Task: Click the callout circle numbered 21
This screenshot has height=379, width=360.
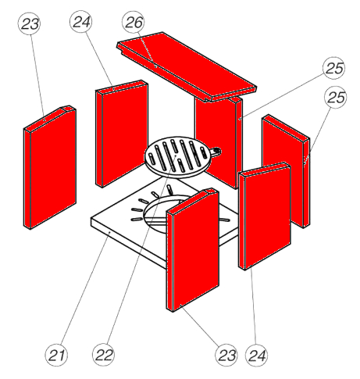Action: point(56,355)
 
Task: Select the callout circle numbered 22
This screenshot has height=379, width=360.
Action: point(104,355)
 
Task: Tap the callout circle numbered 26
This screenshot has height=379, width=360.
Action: point(134,22)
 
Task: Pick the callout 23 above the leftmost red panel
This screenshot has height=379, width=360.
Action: point(30,23)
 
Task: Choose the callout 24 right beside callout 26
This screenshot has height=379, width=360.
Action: point(81,22)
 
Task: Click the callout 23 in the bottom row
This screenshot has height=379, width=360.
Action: point(226,355)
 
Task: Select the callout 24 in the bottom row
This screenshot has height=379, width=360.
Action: point(256,355)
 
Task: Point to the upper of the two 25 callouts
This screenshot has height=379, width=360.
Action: point(334,68)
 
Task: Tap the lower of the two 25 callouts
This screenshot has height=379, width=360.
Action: point(336,97)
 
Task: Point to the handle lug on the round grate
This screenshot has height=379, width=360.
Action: point(216,152)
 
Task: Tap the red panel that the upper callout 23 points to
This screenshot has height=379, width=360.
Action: point(50,167)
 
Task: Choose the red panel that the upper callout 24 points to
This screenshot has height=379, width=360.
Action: point(122,134)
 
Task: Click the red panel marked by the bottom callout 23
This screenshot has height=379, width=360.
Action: point(193,249)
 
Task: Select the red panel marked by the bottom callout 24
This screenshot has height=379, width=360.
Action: point(265,216)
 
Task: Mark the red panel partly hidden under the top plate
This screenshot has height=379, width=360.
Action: point(219,141)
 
